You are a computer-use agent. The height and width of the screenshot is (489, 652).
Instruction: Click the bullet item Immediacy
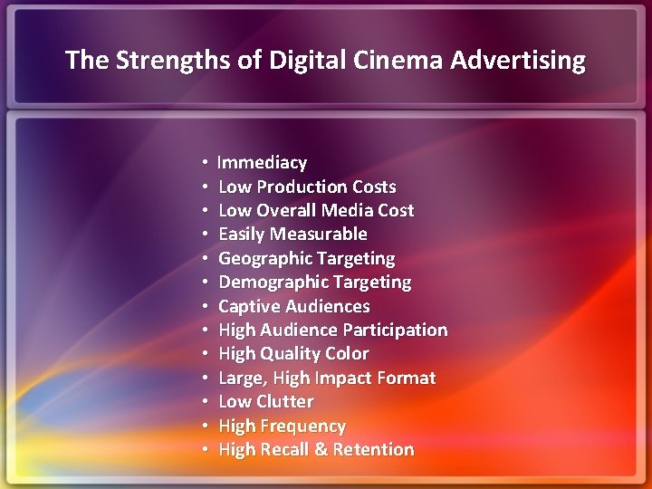(x=263, y=163)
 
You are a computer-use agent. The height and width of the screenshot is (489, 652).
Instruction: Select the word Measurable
(x=318, y=235)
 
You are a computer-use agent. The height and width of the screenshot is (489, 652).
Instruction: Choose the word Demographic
(x=269, y=283)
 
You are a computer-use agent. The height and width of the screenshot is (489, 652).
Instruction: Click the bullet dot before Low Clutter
(x=206, y=402)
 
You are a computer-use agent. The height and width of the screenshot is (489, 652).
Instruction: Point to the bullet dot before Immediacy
(x=206, y=163)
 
